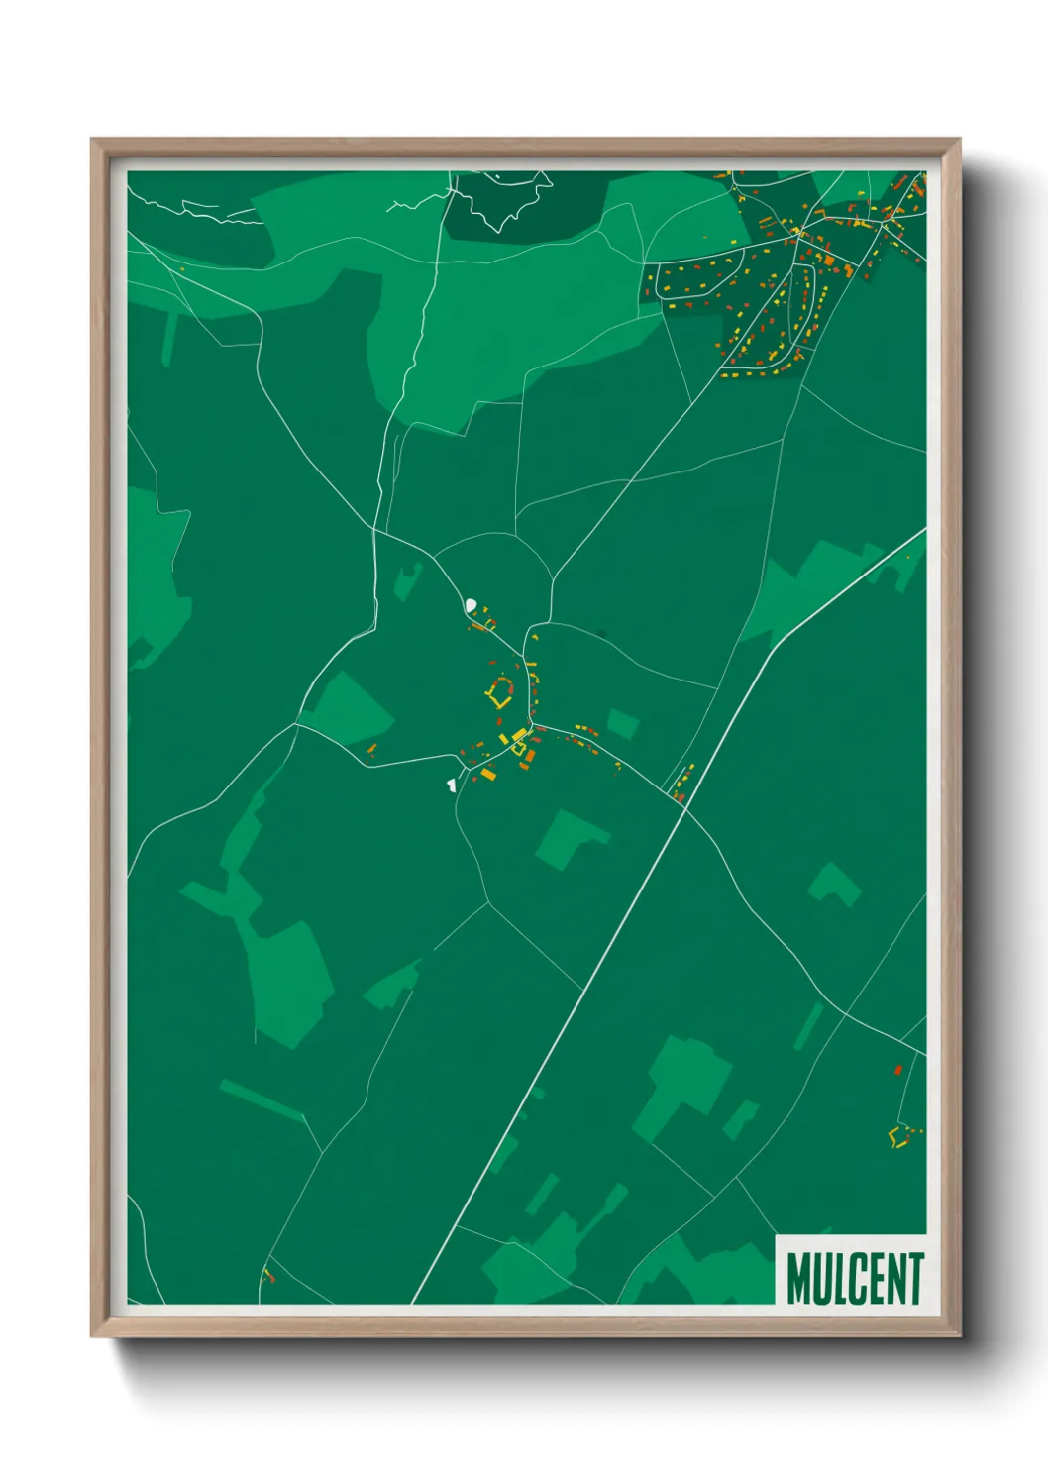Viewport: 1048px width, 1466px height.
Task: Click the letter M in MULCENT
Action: point(800,1279)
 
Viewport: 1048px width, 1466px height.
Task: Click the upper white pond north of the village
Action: point(471,603)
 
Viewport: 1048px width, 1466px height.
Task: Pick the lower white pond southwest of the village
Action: point(451,785)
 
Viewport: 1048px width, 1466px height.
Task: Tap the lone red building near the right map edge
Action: point(897,1070)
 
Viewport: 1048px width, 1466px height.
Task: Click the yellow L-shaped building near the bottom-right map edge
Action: point(898,1136)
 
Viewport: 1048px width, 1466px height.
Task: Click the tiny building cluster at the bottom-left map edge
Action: point(266,1276)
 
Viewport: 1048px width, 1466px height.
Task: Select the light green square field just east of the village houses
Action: point(622,724)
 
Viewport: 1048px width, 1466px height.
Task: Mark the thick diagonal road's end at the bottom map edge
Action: point(412,1302)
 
